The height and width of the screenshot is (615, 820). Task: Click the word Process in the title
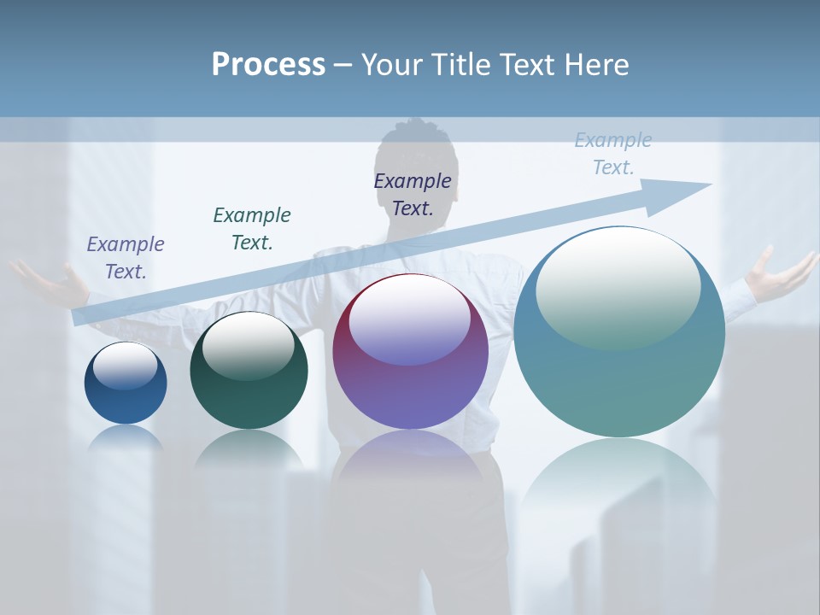[x=268, y=65]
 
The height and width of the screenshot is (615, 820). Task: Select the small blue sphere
[x=126, y=383]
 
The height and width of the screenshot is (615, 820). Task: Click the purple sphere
[x=410, y=351]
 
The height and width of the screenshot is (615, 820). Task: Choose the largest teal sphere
[x=619, y=331]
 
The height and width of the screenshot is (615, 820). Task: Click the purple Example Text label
[x=126, y=257]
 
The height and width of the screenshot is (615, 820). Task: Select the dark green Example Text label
[x=252, y=228]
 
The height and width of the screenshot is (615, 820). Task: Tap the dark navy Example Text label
[x=413, y=194]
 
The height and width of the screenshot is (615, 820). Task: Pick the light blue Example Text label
[x=612, y=154]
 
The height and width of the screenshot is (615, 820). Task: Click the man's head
[x=419, y=154]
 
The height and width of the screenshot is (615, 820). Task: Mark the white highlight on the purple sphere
[x=410, y=318]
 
